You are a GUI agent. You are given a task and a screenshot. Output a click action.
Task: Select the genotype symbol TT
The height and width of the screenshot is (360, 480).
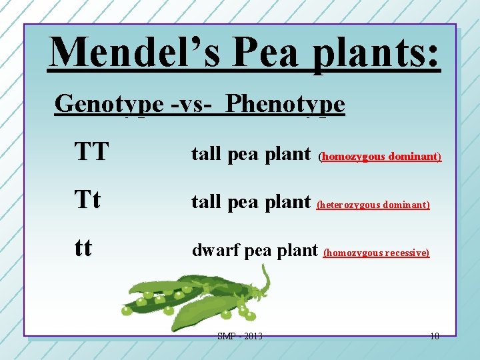click(x=91, y=153)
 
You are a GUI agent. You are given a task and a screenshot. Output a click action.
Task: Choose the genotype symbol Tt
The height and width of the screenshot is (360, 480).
click(x=88, y=201)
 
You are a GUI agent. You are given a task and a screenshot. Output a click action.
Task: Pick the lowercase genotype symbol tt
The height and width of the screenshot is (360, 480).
click(x=83, y=249)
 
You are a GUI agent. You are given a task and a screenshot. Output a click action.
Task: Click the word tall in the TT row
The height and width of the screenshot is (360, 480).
click(x=207, y=154)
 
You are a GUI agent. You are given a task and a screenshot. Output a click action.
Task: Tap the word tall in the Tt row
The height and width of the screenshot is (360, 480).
click(x=207, y=201)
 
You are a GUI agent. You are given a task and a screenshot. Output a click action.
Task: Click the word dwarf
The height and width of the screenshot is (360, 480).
click(x=215, y=250)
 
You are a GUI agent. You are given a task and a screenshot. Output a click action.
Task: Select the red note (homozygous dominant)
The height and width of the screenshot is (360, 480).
click(x=379, y=157)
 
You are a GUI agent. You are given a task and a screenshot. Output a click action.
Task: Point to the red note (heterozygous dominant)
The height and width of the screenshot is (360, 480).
click(x=373, y=205)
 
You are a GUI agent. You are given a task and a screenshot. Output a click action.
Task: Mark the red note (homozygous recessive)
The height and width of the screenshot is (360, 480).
click(x=376, y=253)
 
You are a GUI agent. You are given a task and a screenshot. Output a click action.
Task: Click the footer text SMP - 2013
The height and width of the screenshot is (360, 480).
click(x=239, y=336)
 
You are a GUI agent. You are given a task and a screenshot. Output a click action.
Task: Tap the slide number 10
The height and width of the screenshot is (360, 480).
click(x=434, y=336)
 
